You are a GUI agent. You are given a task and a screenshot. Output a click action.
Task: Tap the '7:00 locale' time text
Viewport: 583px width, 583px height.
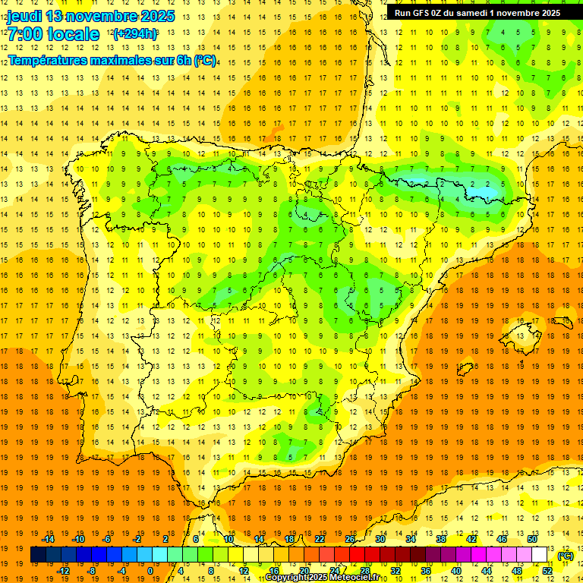[53, 34]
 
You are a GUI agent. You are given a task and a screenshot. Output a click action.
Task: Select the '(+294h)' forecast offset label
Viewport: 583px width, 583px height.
[135, 34]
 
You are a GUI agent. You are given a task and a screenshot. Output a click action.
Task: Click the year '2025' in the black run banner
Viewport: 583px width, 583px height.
[547, 13]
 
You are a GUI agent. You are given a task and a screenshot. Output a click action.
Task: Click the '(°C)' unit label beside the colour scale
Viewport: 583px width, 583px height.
[565, 556]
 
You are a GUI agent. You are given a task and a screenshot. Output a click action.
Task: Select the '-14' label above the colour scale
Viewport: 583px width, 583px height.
[49, 539]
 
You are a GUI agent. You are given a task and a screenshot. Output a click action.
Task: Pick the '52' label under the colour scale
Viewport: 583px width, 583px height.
[547, 570]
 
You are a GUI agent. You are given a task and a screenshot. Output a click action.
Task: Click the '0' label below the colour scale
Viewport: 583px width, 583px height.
[150, 570]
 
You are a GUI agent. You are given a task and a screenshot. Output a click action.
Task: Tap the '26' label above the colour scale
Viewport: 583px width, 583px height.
[350, 539]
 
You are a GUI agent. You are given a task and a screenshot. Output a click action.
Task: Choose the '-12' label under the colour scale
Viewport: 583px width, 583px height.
[64, 570]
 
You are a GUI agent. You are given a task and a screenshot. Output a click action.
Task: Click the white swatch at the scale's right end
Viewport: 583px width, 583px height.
[540, 555]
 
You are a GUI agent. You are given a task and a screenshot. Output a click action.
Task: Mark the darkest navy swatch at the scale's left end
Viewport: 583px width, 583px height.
[38, 555]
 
